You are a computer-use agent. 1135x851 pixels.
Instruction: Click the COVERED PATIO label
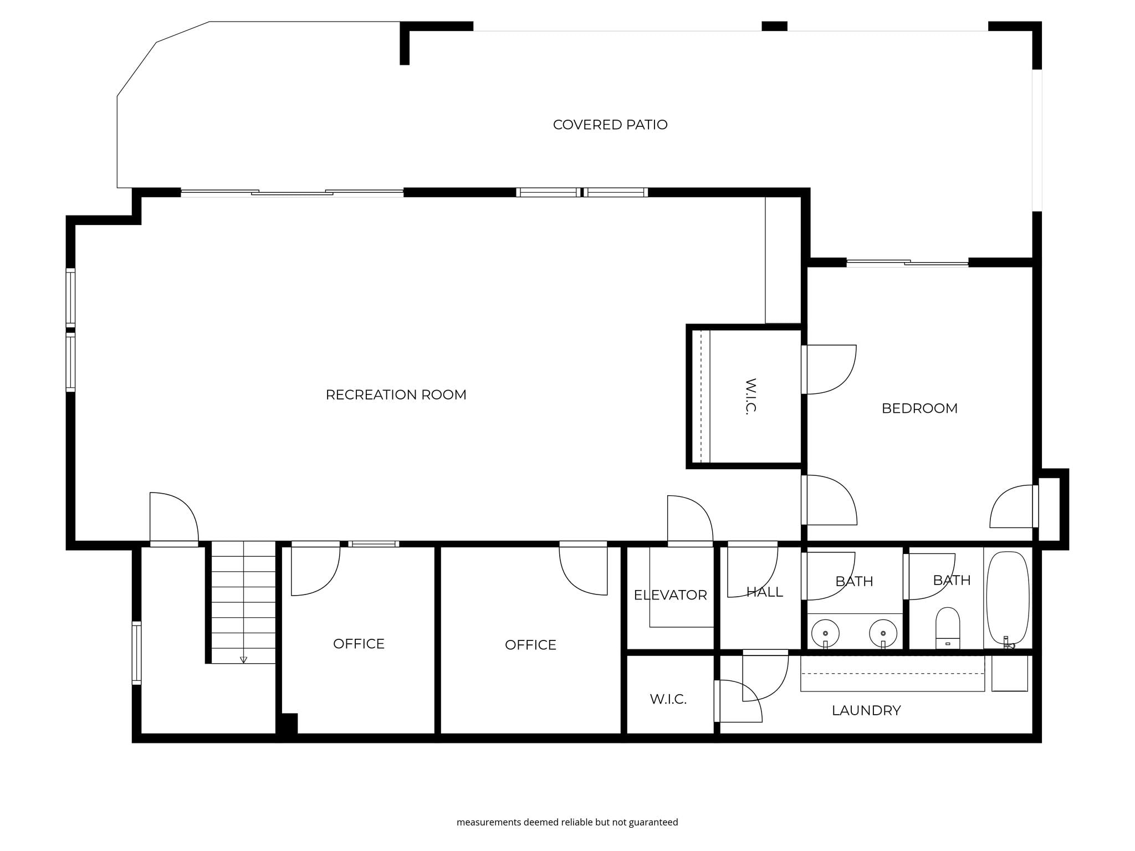[610, 125]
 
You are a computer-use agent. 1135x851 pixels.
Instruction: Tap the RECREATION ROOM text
[396, 394]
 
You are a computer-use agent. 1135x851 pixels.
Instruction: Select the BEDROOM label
[919, 408]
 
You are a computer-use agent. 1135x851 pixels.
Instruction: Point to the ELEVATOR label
[670, 595]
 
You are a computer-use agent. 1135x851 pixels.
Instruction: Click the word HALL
[765, 592]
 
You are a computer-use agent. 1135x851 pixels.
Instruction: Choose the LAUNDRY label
[866, 710]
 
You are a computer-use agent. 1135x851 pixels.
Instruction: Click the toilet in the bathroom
[948, 628]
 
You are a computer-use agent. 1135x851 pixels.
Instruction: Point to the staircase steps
[243, 602]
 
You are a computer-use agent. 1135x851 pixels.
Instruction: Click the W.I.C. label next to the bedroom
[750, 396]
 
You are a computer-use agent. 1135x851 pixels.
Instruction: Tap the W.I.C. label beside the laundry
[668, 699]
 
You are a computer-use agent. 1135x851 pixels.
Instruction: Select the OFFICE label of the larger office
[530, 645]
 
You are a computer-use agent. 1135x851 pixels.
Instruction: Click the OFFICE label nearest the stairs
[359, 644]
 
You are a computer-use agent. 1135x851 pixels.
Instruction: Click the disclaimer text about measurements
[567, 822]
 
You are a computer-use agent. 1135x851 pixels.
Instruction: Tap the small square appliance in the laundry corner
[1010, 673]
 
